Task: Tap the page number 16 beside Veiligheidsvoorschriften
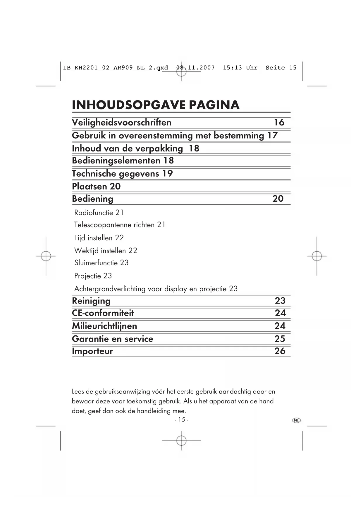click(279, 122)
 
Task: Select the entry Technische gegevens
click(116, 174)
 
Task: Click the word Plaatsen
click(89, 186)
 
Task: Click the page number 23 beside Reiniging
click(280, 301)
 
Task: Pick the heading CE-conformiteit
click(103, 313)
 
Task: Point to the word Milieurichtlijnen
click(104, 326)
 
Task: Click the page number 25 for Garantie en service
click(280, 339)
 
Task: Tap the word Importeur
click(92, 351)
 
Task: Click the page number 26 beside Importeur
click(280, 351)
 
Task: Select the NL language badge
click(296, 420)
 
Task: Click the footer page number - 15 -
click(181, 420)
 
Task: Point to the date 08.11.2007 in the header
click(195, 68)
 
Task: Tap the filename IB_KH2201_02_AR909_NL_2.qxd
click(116, 68)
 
